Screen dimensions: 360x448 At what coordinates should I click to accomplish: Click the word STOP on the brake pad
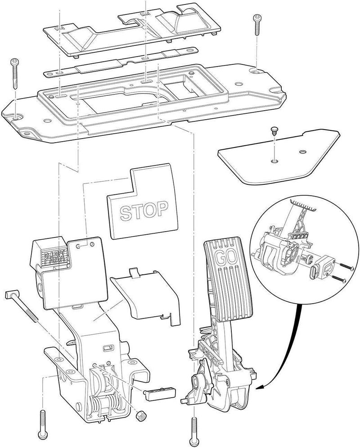coord(144,211)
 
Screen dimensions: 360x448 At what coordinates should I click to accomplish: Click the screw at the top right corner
coord(256,26)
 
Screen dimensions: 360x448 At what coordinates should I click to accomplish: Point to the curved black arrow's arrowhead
coord(260,386)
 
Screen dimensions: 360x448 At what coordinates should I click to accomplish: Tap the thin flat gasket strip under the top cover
coord(121,63)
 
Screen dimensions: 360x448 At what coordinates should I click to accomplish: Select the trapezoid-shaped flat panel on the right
coord(279,156)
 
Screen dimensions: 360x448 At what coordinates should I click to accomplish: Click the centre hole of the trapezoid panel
coord(274,161)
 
